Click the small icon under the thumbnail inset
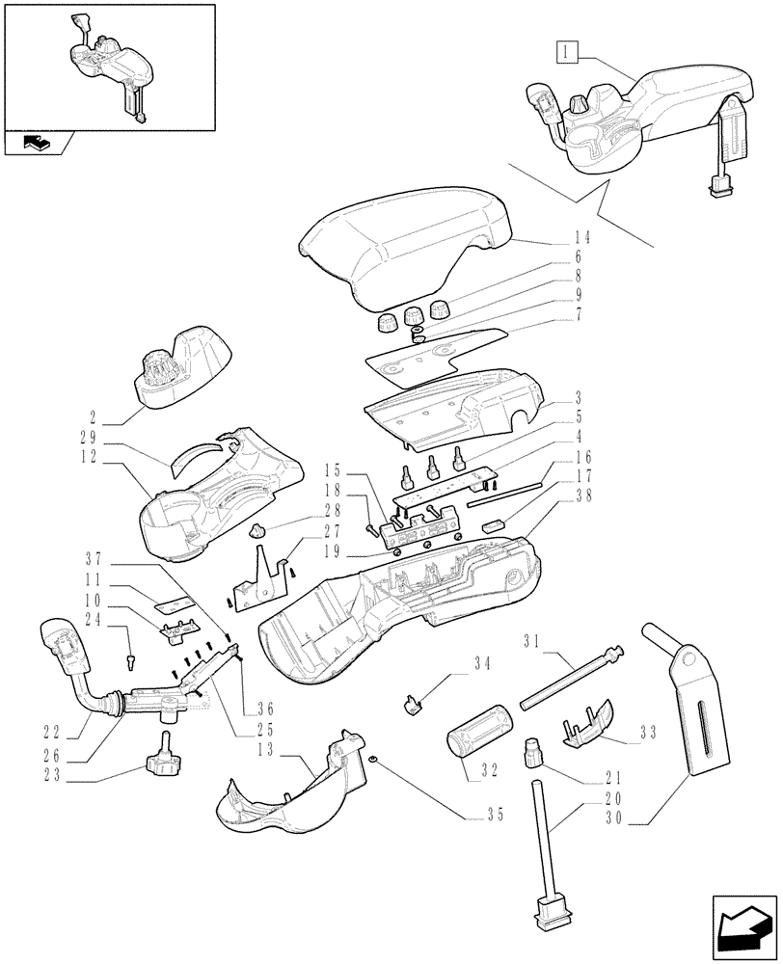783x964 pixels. pos(33,144)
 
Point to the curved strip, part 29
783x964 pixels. pos(198,454)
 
